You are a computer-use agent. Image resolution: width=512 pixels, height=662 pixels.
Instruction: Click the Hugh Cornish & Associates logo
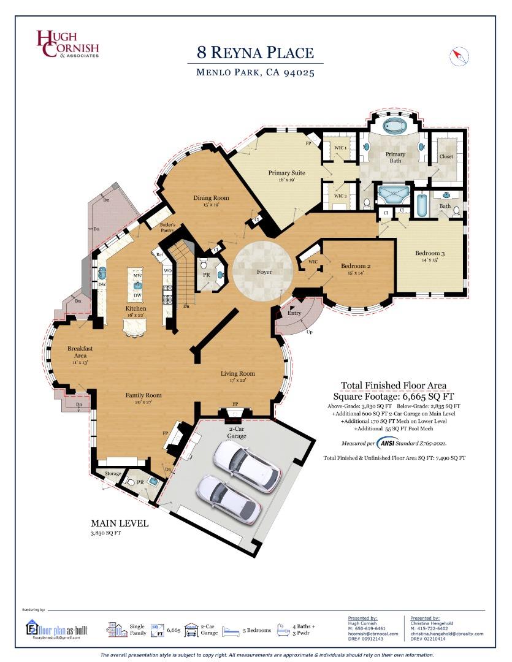tap(67, 44)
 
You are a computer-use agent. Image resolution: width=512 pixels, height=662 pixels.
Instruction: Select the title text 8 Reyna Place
tap(255, 52)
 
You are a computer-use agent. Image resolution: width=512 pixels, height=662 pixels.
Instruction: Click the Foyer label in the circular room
tap(264, 272)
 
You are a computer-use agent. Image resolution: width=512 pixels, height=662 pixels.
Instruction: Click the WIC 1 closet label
tap(341, 148)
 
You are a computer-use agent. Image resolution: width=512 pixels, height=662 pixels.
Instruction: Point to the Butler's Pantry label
tap(168, 228)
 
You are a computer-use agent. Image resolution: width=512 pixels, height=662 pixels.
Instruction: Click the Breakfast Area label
tap(80, 352)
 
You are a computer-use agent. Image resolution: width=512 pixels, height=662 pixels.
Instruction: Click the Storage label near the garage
tap(113, 473)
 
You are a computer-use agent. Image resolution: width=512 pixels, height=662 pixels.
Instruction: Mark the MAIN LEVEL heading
tap(120, 523)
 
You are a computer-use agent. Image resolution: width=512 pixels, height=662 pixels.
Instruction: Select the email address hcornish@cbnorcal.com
tap(373, 633)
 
